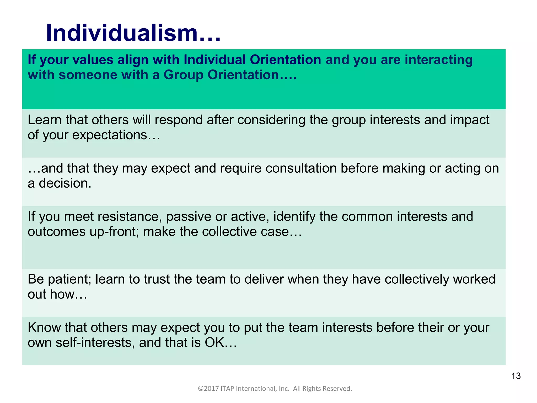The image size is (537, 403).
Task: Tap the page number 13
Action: pos(516,376)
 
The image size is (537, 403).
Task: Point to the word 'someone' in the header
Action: pos(88,75)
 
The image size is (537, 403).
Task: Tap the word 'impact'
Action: pos(470,120)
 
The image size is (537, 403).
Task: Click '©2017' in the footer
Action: pos(208,389)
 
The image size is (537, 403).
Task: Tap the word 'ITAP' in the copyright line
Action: pos(227,389)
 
